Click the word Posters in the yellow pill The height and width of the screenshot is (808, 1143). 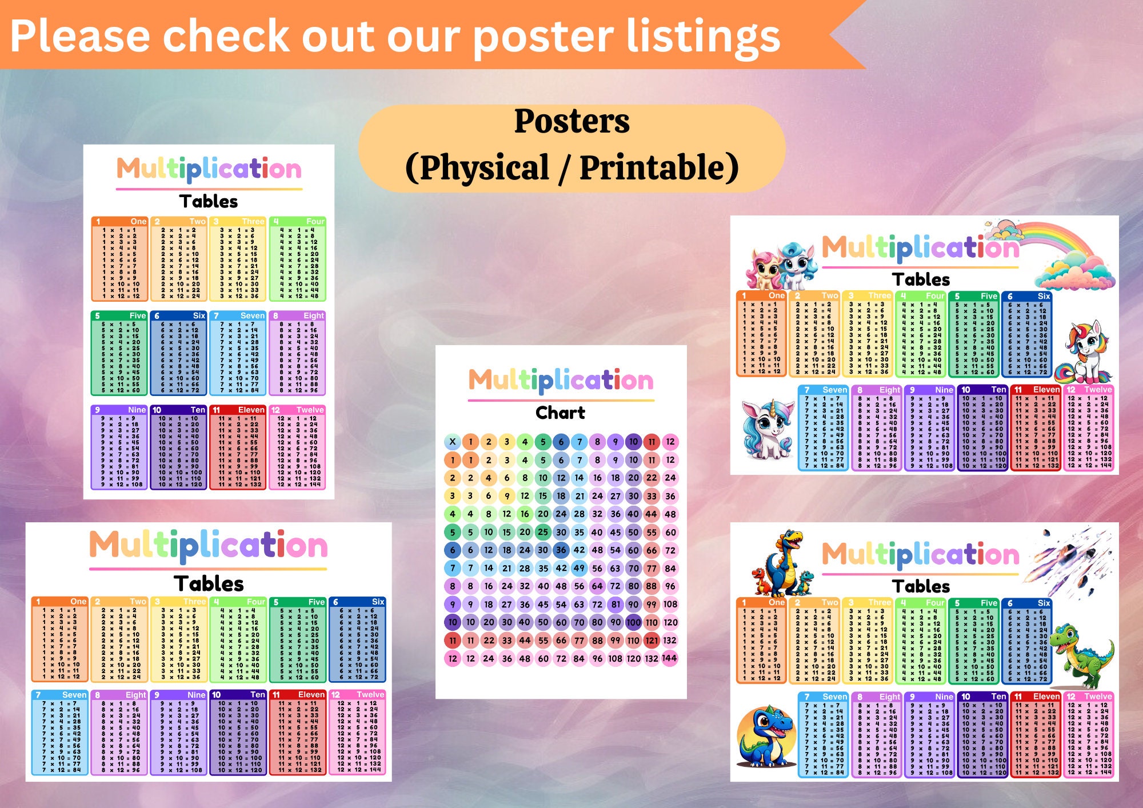[571, 121]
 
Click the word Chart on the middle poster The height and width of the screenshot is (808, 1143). [560, 413]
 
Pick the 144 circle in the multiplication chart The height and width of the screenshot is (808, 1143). [669, 658]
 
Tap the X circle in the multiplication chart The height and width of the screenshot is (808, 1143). [453, 441]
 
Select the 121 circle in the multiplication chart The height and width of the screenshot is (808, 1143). [652, 640]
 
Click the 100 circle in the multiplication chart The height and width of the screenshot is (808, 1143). [633, 622]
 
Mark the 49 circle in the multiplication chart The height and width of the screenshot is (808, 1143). [579, 568]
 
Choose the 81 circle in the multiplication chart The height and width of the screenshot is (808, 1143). [615, 604]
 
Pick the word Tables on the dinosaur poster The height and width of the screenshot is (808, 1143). [921, 586]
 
